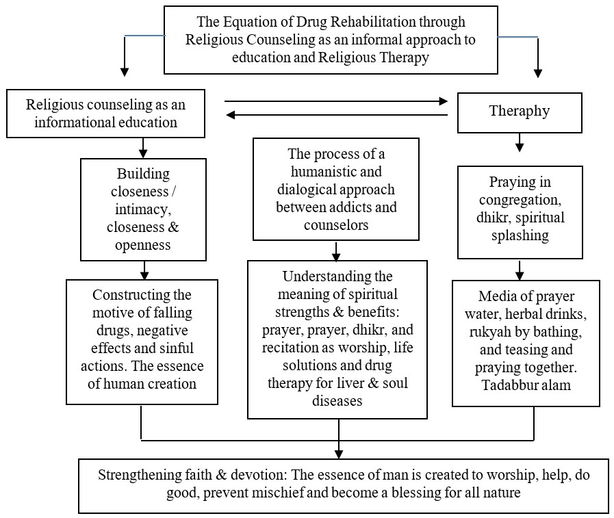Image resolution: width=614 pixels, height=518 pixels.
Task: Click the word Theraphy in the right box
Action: tap(520, 112)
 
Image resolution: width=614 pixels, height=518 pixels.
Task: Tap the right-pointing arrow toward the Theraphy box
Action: tap(336, 101)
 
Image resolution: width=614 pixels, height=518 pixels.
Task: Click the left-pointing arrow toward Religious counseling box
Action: tap(337, 115)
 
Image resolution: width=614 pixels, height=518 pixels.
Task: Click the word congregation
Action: tap(520, 200)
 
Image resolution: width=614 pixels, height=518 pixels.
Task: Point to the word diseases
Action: tap(337, 401)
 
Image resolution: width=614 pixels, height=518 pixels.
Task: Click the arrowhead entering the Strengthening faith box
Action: tap(339, 454)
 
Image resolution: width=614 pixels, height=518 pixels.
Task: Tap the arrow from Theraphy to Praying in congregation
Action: tap(520, 142)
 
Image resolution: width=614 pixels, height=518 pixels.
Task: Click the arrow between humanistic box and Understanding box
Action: tap(336, 251)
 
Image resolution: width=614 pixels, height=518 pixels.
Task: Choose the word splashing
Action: tap(520, 236)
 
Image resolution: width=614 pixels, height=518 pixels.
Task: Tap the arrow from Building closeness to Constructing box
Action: tap(144, 270)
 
